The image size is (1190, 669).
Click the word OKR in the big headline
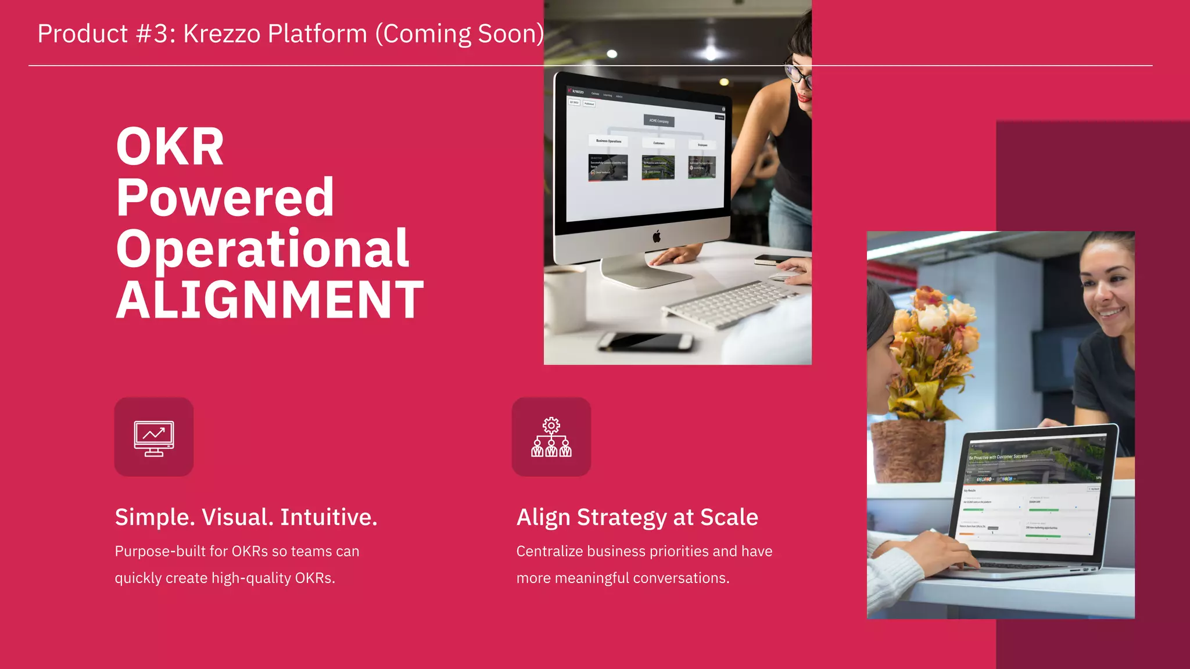[x=170, y=147]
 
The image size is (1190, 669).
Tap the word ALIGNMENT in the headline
[x=270, y=300]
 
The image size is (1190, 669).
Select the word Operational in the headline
[x=263, y=249]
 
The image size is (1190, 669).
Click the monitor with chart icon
[x=154, y=437]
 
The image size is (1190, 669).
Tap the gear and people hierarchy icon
[x=551, y=437]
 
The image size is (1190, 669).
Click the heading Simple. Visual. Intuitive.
[x=246, y=517]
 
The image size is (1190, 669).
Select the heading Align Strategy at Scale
[x=637, y=517]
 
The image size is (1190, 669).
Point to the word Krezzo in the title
[x=222, y=34]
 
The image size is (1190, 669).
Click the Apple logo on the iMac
[x=657, y=236]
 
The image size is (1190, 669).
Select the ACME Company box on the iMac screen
[x=659, y=121]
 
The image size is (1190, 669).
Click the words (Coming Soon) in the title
[x=459, y=34]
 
